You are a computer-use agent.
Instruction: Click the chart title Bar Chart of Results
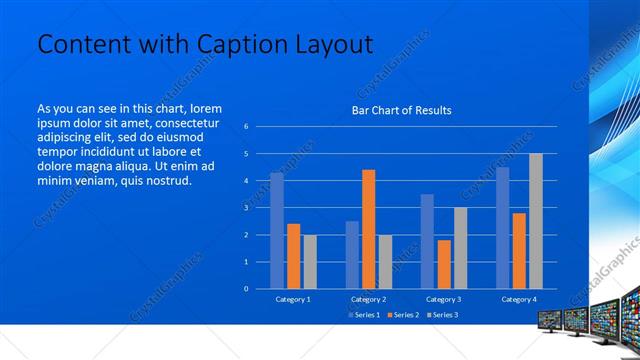click(401, 110)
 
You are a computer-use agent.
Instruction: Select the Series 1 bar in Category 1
click(277, 230)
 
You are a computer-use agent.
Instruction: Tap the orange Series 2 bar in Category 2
click(369, 229)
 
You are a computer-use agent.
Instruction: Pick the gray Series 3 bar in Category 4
click(536, 221)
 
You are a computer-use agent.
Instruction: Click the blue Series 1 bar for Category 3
click(427, 241)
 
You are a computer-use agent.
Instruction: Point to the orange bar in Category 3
click(444, 264)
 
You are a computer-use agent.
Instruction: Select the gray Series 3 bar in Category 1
click(310, 261)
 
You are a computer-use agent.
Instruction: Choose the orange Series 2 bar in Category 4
click(519, 250)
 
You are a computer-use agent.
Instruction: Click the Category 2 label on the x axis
click(369, 299)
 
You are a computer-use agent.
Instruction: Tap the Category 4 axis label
click(518, 299)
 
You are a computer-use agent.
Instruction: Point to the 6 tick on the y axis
click(246, 127)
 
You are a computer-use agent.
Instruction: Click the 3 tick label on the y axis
click(246, 208)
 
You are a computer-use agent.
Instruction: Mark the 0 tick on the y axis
click(246, 288)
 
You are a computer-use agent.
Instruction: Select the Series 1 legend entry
click(363, 315)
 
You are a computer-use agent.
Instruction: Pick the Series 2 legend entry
click(402, 315)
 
